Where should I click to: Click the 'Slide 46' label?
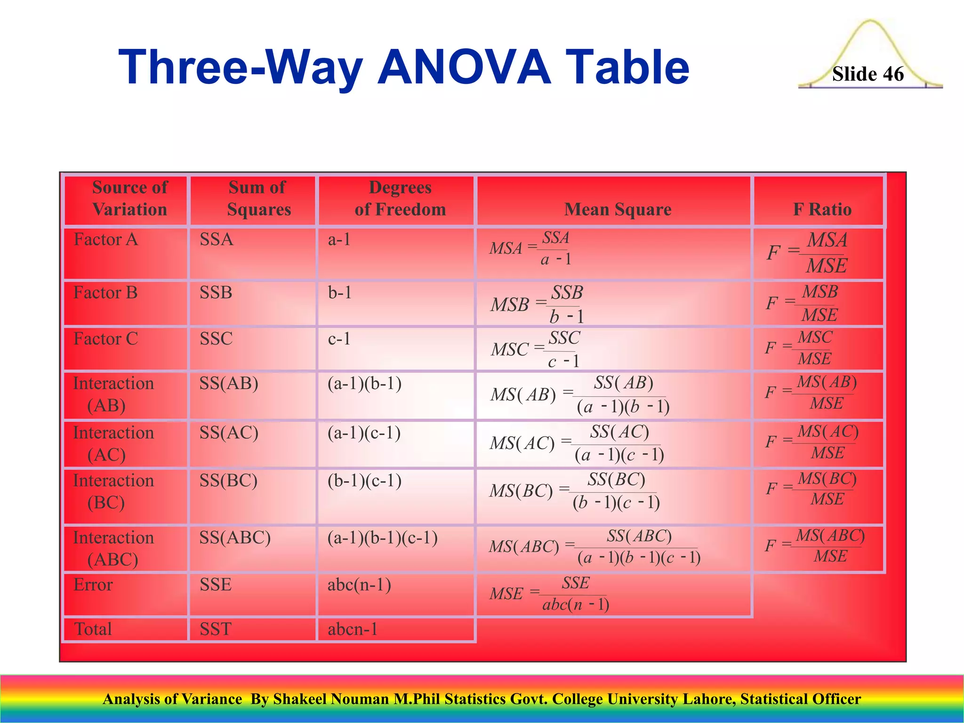[x=868, y=74]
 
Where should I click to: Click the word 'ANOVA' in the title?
[x=464, y=67]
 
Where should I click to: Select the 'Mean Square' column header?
[x=618, y=209]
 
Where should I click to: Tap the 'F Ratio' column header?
[x=822, y=209]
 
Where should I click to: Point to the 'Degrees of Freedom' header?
[x=400, y=199]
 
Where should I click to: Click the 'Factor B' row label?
[x=105, y=293]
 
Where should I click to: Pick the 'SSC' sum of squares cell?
[x=216, y=339]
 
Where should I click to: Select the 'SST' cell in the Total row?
[x=216, y=629]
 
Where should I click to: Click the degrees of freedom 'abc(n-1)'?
[x=359, y=585]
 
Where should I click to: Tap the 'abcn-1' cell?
[x=353, y=629]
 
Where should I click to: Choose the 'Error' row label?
[x=93, y=585]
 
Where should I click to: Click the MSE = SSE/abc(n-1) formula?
[x=549, y=594]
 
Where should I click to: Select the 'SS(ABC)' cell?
[x=235, y=538]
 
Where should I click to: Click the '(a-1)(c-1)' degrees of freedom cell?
[x=364, y=433]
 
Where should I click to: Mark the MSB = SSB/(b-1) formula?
[x=537, y=304]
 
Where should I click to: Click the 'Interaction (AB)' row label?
[x=113, y=394]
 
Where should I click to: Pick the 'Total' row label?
[x=93, y=629]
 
